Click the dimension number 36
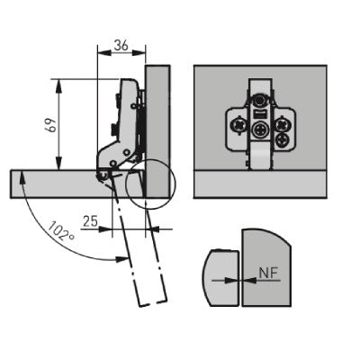coord(121,46)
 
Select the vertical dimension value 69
coord(50,124)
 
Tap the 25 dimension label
coord(90,221)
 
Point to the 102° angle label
coord(61,231)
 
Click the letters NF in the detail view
coord(268,273)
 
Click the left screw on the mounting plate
coord(238,125)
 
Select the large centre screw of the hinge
coord(259,130)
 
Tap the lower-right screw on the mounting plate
coord(283,139)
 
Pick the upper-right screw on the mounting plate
coord(283,124)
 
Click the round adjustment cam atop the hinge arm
coord(259,101)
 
